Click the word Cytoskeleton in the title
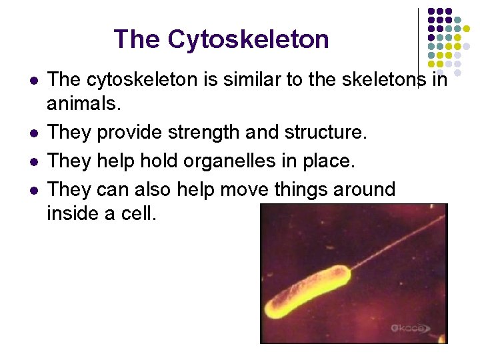[248, 39]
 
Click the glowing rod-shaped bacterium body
[307, 291]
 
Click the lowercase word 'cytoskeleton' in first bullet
[150, 79]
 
